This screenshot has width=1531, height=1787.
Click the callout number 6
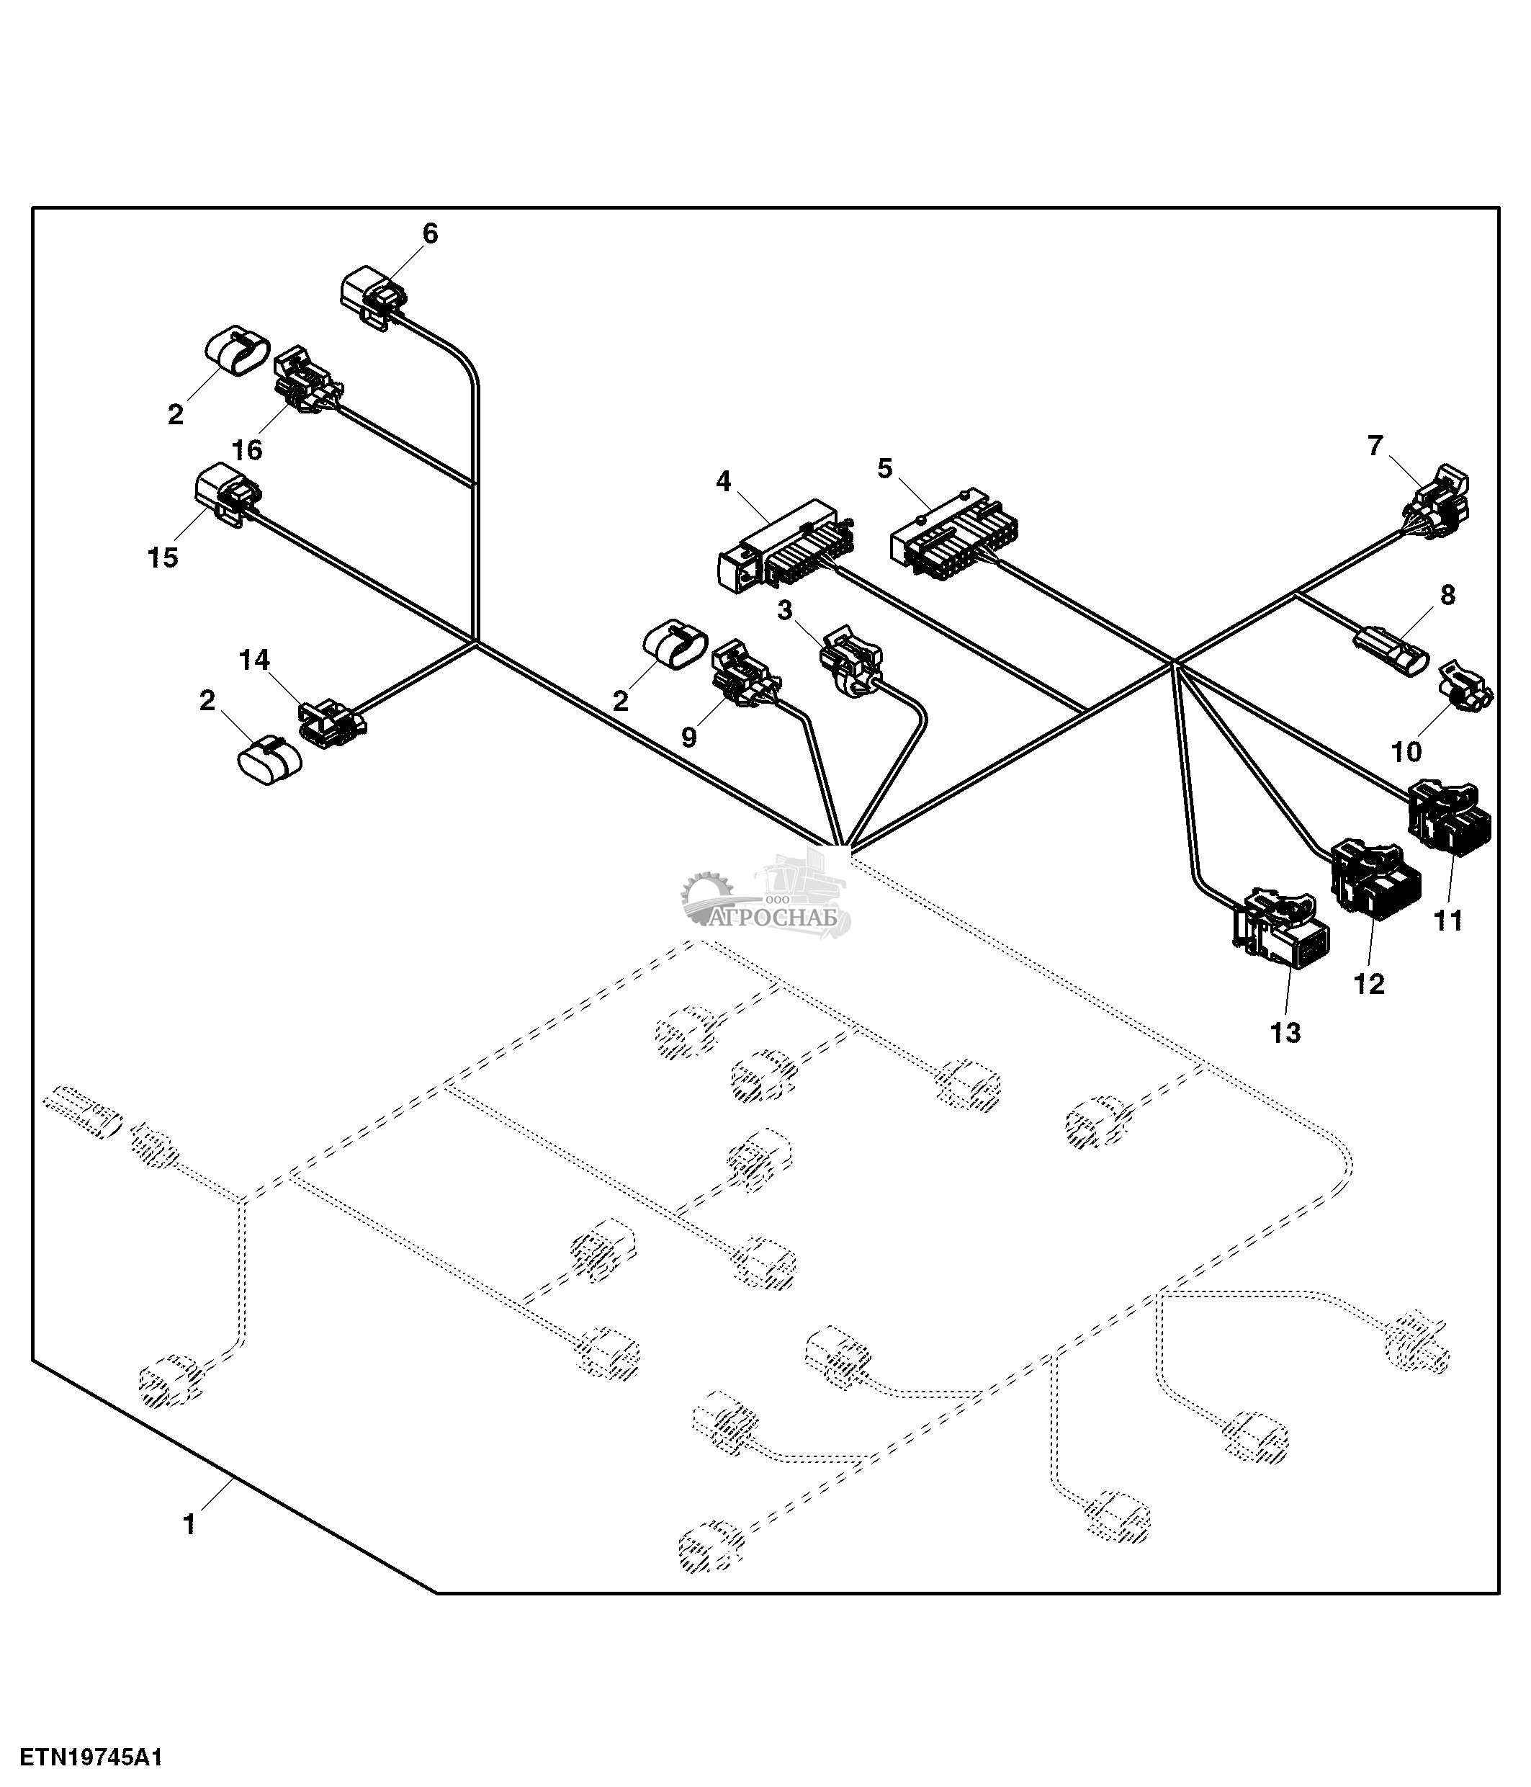coord(429,233)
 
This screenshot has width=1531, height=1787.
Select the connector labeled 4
coord(784,547)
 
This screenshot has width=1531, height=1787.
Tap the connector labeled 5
coord(953,534)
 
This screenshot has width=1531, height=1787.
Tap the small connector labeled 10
coord(1465,687)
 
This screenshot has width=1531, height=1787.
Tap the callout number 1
coord(189,1524)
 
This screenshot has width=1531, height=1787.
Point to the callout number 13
coord(1285,1031)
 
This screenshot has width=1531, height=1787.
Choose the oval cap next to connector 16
coord(236,351)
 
